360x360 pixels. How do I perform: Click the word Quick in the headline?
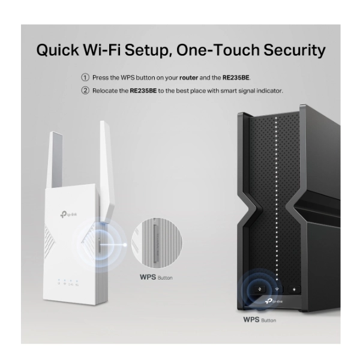pos(58,50)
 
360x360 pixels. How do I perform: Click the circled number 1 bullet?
pos(85,77)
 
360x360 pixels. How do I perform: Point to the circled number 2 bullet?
pos(85,91)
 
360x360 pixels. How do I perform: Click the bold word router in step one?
pos(189,78)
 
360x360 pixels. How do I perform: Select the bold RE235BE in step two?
pos(143,91)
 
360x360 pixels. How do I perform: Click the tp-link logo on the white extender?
pos(68,214)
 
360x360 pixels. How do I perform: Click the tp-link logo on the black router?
pos(274,301)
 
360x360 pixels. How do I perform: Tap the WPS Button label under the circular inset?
pos(156,277)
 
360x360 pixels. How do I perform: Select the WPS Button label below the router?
pos(260,320)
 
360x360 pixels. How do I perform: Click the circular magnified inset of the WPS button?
pos(157,243)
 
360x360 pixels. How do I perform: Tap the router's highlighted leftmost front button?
pos(259,289)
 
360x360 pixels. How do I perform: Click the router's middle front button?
pos(277,289)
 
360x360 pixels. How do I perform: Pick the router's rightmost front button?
pos(294,290)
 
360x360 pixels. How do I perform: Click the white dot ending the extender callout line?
pos(125,245)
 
